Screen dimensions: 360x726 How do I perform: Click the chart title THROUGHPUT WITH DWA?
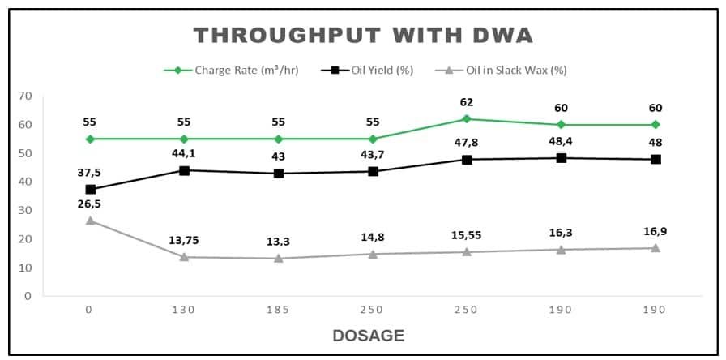(363, 36)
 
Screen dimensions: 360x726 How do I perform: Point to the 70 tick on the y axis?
(26, 96)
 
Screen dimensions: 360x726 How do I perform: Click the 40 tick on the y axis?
(26, 182)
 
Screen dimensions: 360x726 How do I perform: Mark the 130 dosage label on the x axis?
(184, 311)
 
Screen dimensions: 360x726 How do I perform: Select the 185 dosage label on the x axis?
(278, 311)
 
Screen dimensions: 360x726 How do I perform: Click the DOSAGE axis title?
(368, 336)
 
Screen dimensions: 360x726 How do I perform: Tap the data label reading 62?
(466, 102)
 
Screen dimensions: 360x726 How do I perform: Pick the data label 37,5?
(90, 173)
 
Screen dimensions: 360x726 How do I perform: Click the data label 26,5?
(90, 204)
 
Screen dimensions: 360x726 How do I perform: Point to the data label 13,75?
(184, 240)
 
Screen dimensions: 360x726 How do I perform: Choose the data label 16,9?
(654, 231)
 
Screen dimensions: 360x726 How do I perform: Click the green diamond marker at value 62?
(466, 118)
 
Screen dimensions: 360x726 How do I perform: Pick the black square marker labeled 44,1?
(184, 170)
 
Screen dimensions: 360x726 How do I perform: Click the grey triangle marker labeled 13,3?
(278, 258)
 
